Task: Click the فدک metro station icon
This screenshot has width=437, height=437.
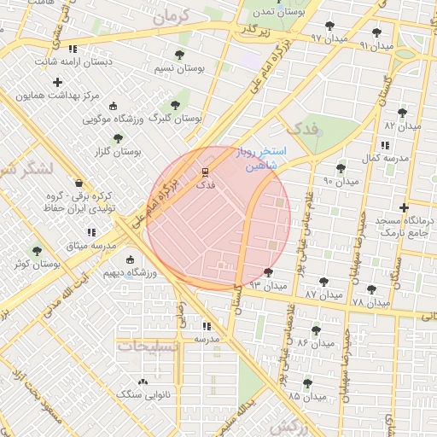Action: [x=205, y=172]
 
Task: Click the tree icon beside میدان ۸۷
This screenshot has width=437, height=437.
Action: [x=323, y=282]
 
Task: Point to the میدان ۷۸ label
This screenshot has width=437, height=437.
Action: [x=370, y=302]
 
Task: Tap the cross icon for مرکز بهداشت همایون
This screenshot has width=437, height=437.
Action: [x=57, y=83]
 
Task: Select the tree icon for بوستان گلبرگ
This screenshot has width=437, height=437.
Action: [x=185, y=105]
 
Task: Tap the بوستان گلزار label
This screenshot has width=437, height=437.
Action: [x=118, y=151]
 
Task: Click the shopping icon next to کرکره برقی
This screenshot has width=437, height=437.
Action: [x=79, y=183]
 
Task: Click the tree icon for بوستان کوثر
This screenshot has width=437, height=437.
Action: [x=36, y=251]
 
